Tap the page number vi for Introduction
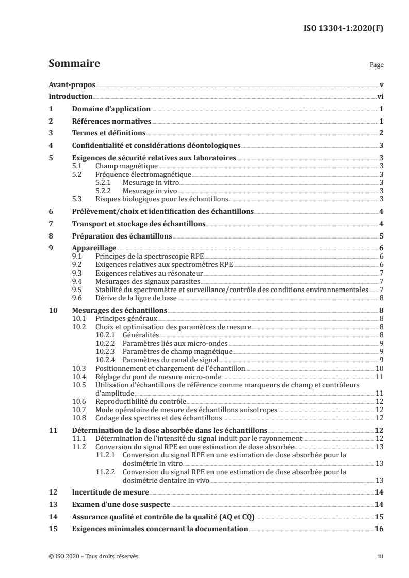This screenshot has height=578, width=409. point(380,97)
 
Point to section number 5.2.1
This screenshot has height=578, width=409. point(104,182)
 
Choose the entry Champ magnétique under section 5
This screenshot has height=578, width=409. point(126,166)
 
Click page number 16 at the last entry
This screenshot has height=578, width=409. point(379,529)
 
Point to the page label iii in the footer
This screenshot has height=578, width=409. point(380,556)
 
